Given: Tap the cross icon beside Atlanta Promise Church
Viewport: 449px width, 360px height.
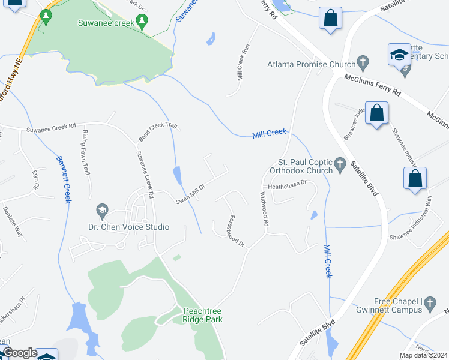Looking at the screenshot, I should click(x=362, y=61).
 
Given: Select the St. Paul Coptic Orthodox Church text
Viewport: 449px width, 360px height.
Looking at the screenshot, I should click(x=305, y=166).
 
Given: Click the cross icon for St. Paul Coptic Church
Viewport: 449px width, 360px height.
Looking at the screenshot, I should click(x=340, y=163).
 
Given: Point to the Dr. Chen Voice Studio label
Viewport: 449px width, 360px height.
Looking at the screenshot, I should click(x=128, y=227).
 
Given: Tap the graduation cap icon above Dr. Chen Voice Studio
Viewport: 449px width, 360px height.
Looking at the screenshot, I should click(x=101, y=211).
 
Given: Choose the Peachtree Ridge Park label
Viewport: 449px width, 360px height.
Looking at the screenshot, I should click(x=202, y=315).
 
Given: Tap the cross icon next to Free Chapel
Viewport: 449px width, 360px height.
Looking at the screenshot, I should click(x=430, y=305).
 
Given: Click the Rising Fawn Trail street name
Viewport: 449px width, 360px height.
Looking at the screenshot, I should click(x=86, y=153).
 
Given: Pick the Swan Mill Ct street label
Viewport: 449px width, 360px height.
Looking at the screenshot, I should click(x=190, y=194).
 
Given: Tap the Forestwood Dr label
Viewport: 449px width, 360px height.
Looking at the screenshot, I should click(x=237, y=231).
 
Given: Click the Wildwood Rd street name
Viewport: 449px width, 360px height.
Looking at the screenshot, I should click(x=264, y=209).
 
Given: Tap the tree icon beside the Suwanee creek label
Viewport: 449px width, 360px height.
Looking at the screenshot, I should click(x=142, y=23).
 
